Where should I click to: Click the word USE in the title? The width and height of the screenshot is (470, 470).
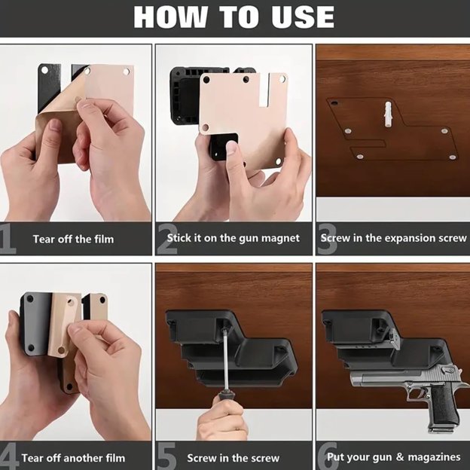tap(303, 17)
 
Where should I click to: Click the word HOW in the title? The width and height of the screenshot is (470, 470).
tap(170, 17)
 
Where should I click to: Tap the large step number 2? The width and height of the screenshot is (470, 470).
tap(166, 239)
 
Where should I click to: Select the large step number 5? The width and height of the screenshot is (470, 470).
tap(166, 456)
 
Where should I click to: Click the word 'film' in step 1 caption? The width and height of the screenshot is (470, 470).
tap(104, 240)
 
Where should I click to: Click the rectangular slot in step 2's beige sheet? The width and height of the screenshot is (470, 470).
tap(264, 90)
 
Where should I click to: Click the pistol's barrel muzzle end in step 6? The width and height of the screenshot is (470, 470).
tap(353, 380)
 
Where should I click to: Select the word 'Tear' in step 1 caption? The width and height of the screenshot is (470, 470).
tap(44, 240)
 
